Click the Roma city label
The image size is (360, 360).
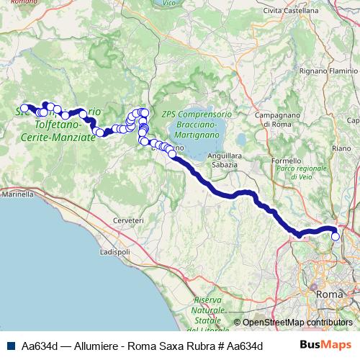329,294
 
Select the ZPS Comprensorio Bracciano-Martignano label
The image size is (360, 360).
197,124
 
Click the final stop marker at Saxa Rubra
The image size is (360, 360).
335,236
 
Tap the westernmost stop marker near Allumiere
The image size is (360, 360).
24,109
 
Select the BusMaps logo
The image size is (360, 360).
325,345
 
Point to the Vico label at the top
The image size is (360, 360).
169,3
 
